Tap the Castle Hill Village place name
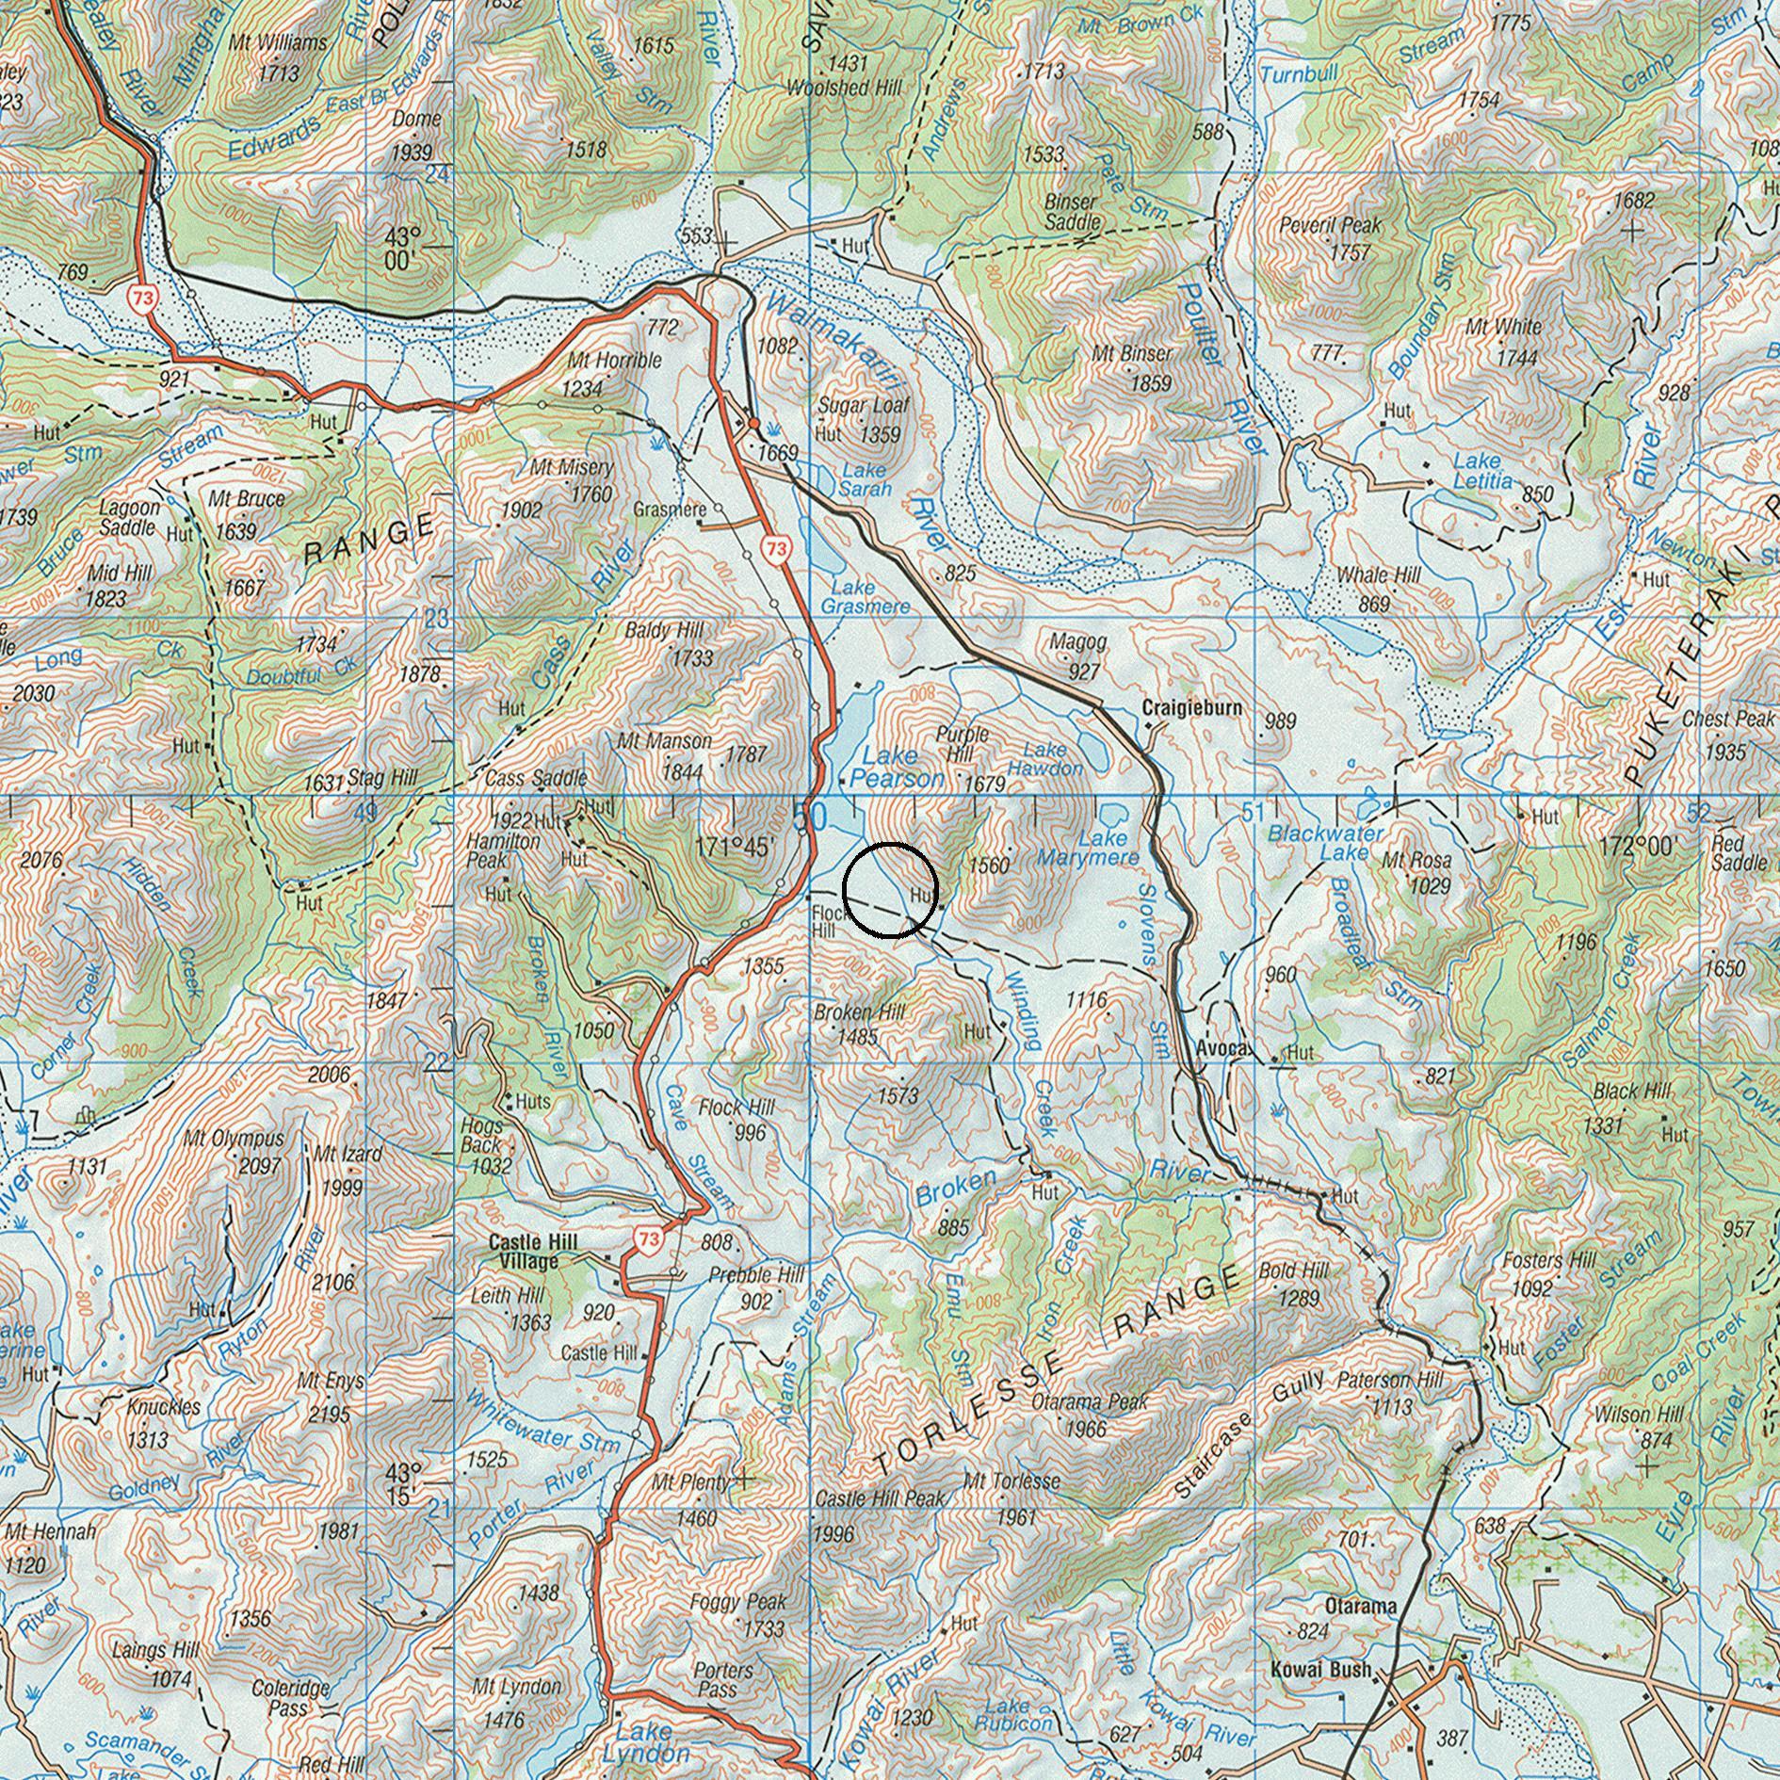[532, 1252]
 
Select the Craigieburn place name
[1191, 707]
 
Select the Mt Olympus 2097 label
[235, 1151]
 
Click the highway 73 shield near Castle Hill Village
[648, 1239]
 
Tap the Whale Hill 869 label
[1378, 587]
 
